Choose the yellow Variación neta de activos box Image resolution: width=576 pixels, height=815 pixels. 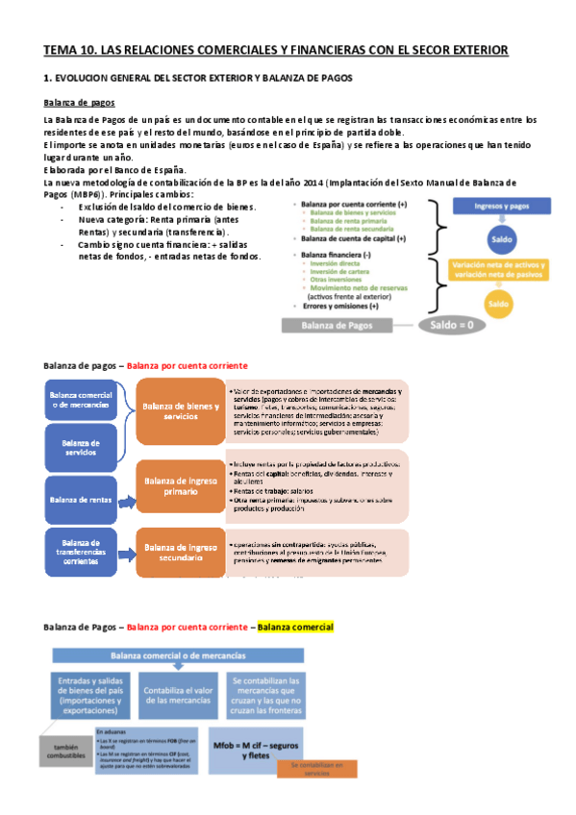498,270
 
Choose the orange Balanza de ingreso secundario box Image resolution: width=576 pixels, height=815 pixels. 179,552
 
